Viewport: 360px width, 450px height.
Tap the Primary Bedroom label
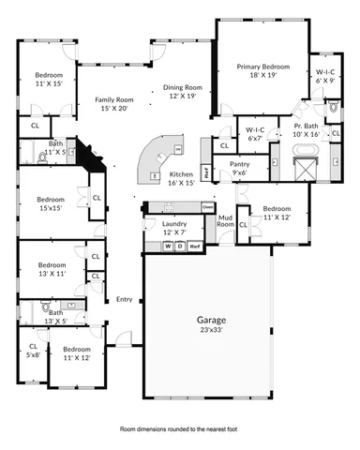point(263,71)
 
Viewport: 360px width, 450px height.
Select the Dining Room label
point(185,90)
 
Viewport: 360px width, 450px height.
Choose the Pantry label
point(239,168)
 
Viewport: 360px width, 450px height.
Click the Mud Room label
point(225,222)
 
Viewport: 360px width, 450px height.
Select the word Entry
point(124,299)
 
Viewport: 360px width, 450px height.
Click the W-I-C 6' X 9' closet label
point(325,75)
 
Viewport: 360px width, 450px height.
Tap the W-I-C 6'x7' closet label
point(254,134)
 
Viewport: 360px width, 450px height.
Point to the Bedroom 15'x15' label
point(50,203)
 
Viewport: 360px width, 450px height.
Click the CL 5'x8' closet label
point(33,351)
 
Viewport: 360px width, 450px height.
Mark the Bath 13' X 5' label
point(56,317)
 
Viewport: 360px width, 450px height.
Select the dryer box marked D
point(180,246)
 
